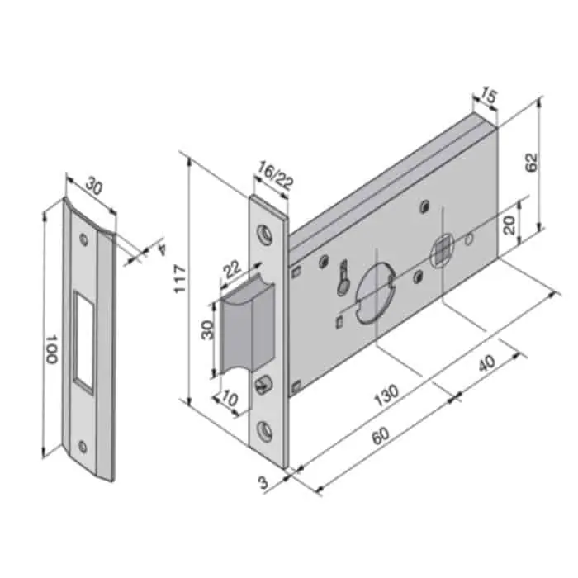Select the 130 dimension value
point(386,395)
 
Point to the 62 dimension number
point(532,162)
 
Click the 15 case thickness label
point(489,96)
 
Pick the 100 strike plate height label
point(51,349)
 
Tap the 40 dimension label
point(486,363)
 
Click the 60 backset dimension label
point(381,435)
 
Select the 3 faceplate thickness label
point(263,482)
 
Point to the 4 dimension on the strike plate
point(161,249)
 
